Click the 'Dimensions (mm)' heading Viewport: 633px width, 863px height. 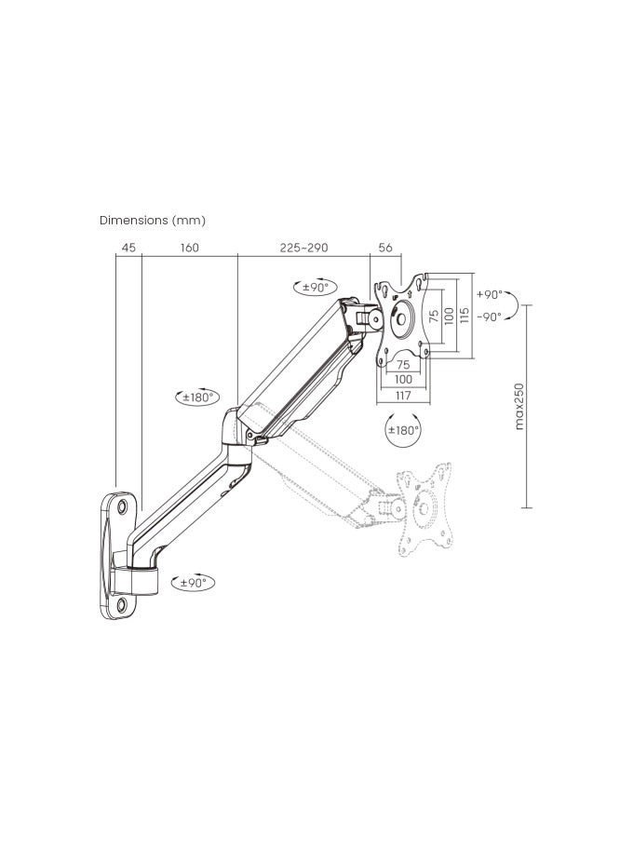pyautogui.click(x=153, y=221)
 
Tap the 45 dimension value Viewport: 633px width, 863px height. pyautogui.click(x=128, y=248)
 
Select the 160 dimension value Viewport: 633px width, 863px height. pyautogui.click(x=190, y=248)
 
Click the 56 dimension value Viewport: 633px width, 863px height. pyautogui.click(x=385, y=248)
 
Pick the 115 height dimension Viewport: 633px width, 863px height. pyautogui.click(x=464, y=317)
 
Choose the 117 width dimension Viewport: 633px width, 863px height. pyautogui.click(x=403, y=396)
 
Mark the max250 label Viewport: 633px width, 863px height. pyautogui.click(x=519, y=406)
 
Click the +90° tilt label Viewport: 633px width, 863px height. pyautogui.click(x=489, y=294)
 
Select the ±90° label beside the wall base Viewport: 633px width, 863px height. pyautogui.click(x=193, y=583)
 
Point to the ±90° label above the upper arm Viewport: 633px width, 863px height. pyautogui.click(x=316, y=287)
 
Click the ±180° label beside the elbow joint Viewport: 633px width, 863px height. pyautogui.click(x=198, y=397)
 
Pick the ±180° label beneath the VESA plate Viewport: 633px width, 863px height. pyautogui.click(x=403, y=430)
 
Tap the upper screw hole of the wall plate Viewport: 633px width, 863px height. pyautogui.click(x=124, y=507)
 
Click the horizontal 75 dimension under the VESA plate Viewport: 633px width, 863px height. pyautogui.click(x=403, y=365)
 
